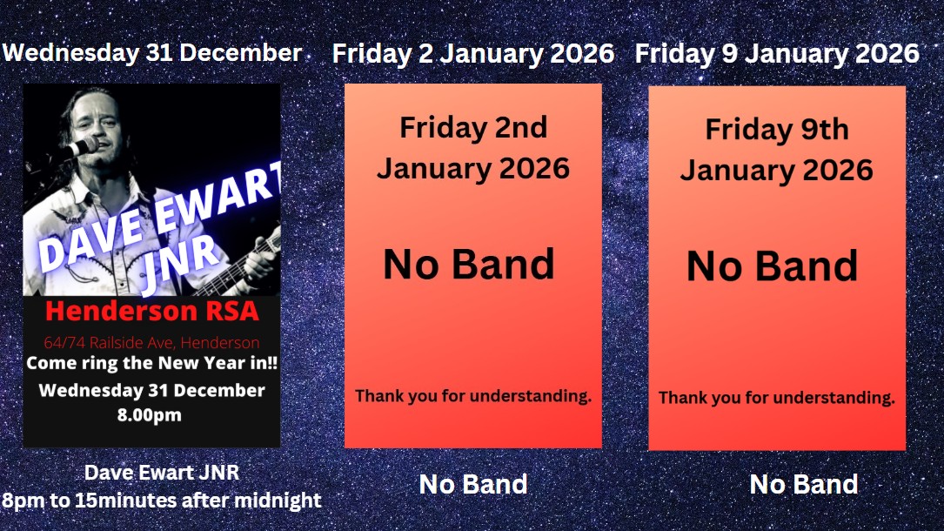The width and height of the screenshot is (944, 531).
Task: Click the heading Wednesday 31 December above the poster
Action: pyautogui.click(x=152, y=53)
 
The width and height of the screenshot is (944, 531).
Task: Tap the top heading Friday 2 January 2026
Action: pyautogui.click(x=473, y=54)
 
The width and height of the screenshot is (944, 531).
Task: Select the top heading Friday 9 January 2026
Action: pyautogui.click(x=777, y=54)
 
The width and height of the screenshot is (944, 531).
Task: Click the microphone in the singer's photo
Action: pyautogui.click(x=82, y=146)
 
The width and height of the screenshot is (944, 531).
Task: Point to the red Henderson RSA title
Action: pyautogui.click(x=151, y=311)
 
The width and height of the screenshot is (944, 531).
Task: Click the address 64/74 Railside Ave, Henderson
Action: pyautogui.click(x=151, y=343)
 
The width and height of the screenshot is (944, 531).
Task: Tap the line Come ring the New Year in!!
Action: pyautogui.click(x=151, y=363)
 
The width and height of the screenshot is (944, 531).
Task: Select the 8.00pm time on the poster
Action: pyautogui.click(x=150, y=415)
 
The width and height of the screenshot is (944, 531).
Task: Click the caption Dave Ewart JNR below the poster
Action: pyautogui.click(x=161, y=472)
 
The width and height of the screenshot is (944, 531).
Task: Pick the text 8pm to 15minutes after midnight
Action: pyautogui.click(x=161, y=501)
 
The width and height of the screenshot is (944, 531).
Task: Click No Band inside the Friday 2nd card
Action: pyautogui.click(x=468, y=265)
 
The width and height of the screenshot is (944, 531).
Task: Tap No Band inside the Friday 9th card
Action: pyautogui.click(x=773, y=266)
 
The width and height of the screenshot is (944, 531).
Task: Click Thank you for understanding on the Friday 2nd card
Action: pyautogui.click(x=473, y=396)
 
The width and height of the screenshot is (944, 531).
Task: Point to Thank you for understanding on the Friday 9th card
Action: pyautogui.click(x=777, y=398)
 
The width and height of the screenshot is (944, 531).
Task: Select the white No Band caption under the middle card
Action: pyautogui.click(x=473, y=484)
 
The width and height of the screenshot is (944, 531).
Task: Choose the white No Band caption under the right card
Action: pyautogui.click(x=804, y=484)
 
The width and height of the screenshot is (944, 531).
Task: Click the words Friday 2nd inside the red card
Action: pyautogui.click(x=473, y=128)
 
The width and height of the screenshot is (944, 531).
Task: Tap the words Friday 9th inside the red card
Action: pyautogui.click(x=777, y=130)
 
